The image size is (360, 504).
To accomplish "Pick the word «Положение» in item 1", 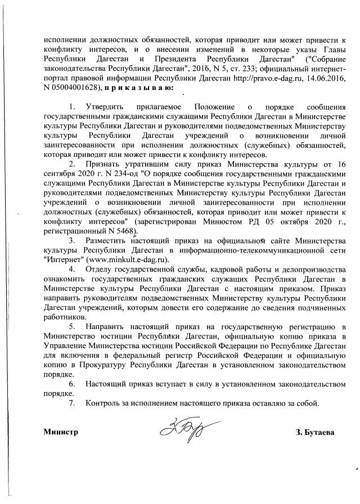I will click(x=214, y=107).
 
